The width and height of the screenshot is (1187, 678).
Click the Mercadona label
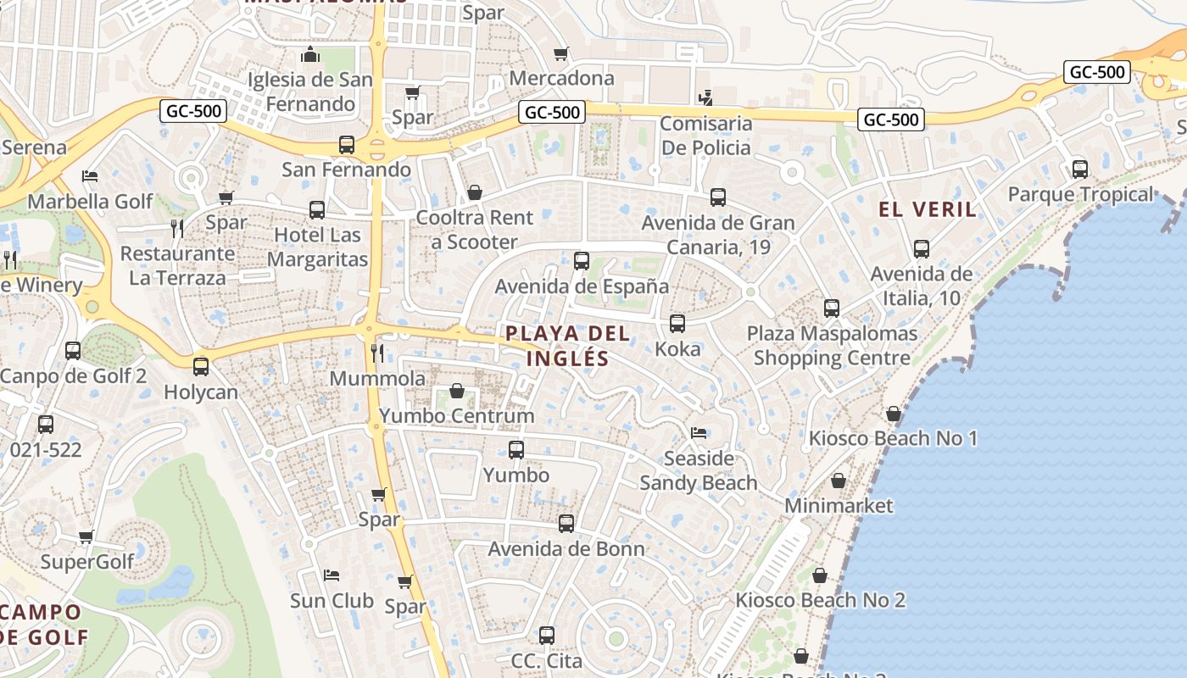tap(561, 78)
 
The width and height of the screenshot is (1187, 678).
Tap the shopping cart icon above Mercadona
tap(560, 54)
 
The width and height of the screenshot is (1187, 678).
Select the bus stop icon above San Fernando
tap(346, 145)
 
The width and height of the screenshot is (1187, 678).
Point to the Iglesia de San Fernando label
tap(309, 92)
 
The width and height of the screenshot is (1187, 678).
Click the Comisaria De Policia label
tap(705, 136)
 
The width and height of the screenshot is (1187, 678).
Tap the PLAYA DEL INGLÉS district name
tap(568, 345)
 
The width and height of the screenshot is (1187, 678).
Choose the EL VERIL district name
tap(928, 209)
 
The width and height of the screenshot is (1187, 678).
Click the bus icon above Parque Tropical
tap(1079, 169)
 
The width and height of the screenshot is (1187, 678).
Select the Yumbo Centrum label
tap(457, 415)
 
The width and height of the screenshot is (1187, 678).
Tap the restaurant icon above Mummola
tap(377, 352)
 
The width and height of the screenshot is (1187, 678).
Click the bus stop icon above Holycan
tap(201, 367)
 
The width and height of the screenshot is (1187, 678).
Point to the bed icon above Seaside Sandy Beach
tap(699, 433)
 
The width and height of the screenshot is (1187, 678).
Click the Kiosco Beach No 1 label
tap(893, 438)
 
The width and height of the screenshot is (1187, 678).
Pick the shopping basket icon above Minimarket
tap(838, 481)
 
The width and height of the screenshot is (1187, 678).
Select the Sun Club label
tap(332, 600)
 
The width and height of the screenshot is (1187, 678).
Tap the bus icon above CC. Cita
tap(547, 636)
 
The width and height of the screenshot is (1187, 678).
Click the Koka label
tap(677, 348)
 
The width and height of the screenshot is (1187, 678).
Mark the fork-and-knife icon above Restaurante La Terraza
tap(176, 228)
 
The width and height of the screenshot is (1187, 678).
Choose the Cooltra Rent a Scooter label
tap(474, 230)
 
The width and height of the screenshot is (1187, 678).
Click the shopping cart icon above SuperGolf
tap(86, 536)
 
